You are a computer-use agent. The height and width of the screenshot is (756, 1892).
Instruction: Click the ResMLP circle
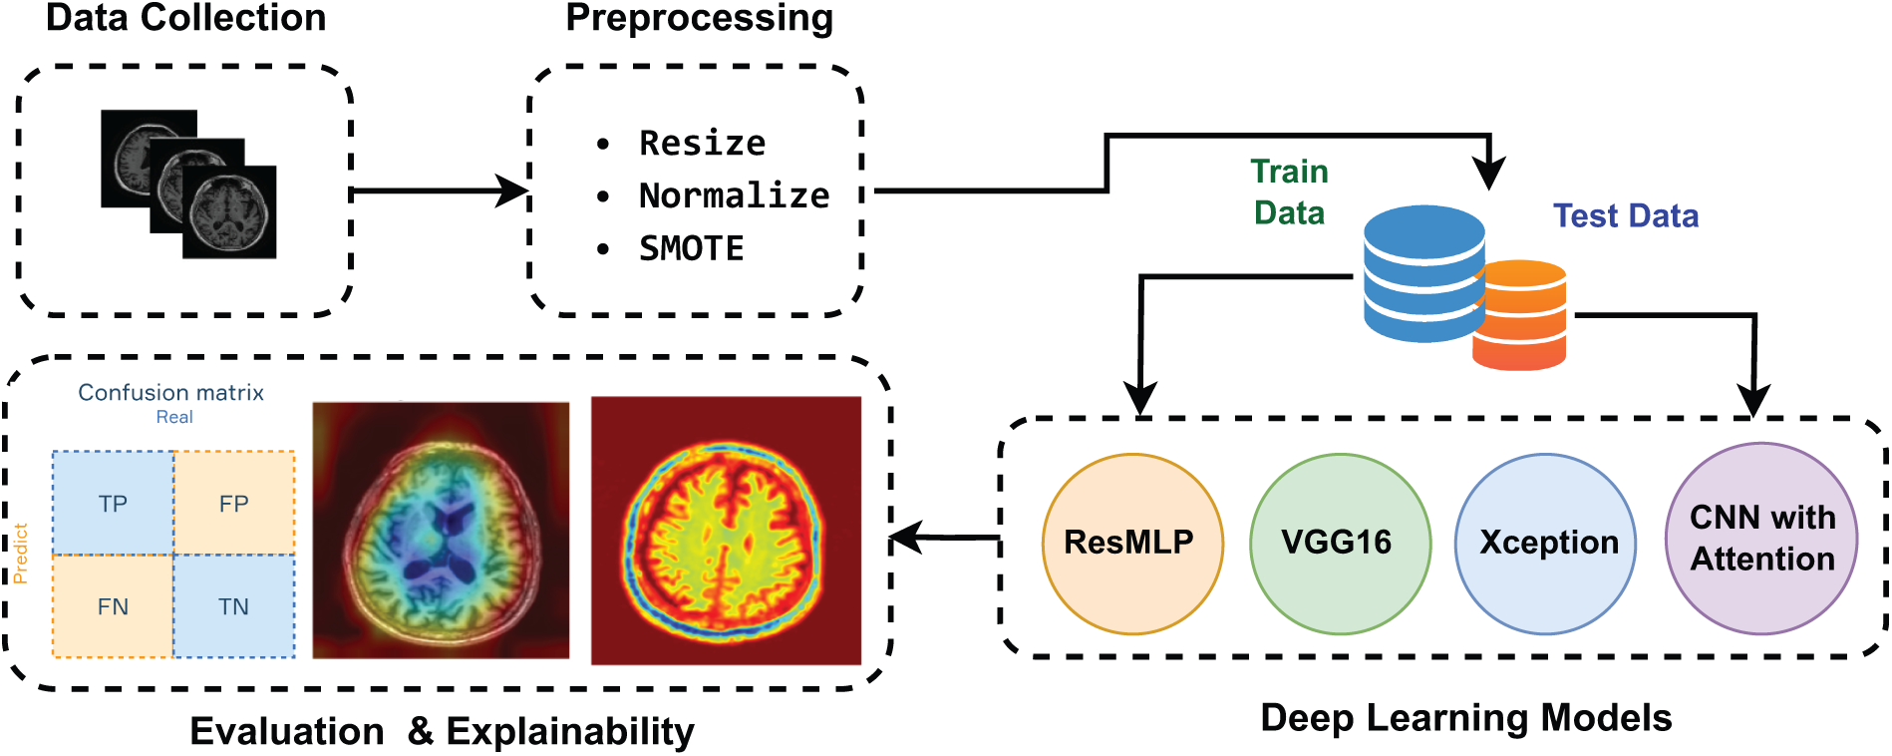click(x=1132, y=545)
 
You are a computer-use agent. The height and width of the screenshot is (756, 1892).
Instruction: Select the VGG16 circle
click(x=1340, y=545)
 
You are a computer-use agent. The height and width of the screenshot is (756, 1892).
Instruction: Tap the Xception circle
click(x=1546, y=545)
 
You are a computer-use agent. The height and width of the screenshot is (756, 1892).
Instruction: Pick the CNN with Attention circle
click(x=1761, y=539)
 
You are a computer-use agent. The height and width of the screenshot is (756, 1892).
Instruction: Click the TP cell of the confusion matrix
click(x=113, y=503)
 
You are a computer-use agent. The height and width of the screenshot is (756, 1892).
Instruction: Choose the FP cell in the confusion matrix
click(x=234, y=503)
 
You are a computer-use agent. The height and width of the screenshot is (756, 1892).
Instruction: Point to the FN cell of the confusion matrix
click(x=113, y=606)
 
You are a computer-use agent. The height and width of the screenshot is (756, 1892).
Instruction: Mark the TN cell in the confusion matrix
click(x=234, y=606)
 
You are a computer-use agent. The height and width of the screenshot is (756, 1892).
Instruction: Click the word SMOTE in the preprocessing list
click(x=692, y=248)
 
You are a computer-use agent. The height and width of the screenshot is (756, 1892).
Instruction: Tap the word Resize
click(x=703, y=144)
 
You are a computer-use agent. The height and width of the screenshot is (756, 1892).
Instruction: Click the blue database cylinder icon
click(x=1424, y=273)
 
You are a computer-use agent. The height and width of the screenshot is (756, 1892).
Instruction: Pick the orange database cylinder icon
click(x=1520, y=315)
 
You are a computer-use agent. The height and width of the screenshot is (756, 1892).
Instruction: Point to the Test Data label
click(x=1626, y=215)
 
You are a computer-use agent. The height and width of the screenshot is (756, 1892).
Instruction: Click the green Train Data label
click(x=1290, y=191)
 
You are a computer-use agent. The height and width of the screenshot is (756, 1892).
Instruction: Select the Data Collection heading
click(x=185, y=17)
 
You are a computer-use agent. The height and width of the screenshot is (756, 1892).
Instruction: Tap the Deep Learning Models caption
click(x=1466, y=718)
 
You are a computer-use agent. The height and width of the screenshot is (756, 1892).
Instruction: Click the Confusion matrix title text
click(x=171, y=393)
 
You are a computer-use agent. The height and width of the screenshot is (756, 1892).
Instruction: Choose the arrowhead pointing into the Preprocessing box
click(x=513, y=190)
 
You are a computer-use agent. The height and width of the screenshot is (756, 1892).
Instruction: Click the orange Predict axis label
click(x=20, y=554)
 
